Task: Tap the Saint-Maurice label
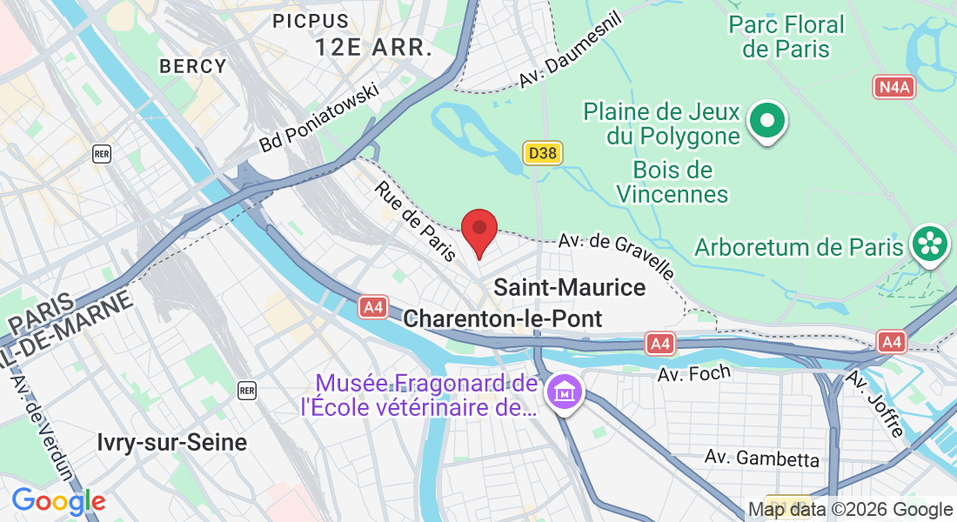570,287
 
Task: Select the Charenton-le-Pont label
504,318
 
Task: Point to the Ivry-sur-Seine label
172,442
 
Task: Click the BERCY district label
192,66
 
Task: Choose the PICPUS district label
311,20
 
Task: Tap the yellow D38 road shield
543,154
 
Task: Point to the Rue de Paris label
416,221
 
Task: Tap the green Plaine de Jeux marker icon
768,122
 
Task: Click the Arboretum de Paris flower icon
930,243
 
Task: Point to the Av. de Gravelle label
616,254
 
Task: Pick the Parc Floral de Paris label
786,36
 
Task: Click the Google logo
58,501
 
